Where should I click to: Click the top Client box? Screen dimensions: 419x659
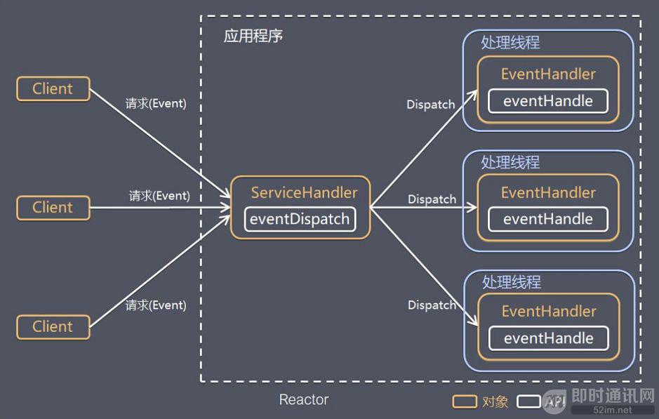pyautogui.click(x=53, y=89)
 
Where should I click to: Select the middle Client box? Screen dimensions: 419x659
pyautogui.click(x=53, y=208)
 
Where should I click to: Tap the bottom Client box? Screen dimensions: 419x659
pyautogui.click(x=53, y=327)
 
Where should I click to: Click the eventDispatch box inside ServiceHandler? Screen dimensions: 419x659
pyautogui.click(x=300, y=219)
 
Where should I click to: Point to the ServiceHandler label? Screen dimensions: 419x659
pyautogui.click(x=304, y=193)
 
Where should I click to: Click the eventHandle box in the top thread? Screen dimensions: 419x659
pyautogui.click(x=548, y=101)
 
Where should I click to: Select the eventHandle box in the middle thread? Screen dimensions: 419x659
pyautogui.click(x=548, y=220)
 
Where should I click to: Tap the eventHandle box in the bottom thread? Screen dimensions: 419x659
pyautogui.click(x=548, y=338)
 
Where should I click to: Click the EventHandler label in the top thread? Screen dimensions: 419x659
pyautogui.click(x=548, y=74)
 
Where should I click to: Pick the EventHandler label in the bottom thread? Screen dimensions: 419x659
pyautogui.click(x=548, y=312)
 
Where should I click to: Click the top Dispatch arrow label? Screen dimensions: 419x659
pyautogui.click(x=431, y=105)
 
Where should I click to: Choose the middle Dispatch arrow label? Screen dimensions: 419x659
pyautogui.click(x=432, y=199)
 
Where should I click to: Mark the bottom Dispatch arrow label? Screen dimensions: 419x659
pyautogui.click(x=432, y=305)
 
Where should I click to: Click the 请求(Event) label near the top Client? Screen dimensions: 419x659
pyautogui.click(x=156, y=104)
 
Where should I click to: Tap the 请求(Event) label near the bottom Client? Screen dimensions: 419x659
pyautogui.click(x=156, y=305)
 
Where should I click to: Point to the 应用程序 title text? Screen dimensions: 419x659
pyautogui.click(x=253, y=36)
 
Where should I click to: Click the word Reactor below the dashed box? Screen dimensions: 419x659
pyautogui.click(x=303, y=400)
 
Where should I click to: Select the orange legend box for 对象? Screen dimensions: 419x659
pyautogui.click(x=465, y=401)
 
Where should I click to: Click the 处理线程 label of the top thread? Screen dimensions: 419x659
pyautogui.click(x=510, y=43)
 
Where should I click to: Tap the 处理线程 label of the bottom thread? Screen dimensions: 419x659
pyautogui.click(x=511, y=282)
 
